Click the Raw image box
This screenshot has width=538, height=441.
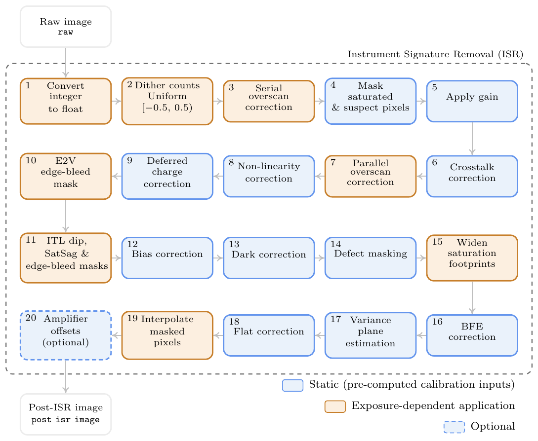coord(66,26)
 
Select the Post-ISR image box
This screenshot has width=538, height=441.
coord(66,414)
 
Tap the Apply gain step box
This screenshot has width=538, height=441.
coord(472,101)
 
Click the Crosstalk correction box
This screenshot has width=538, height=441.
coord(472,176)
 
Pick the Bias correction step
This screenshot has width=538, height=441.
coord(167,257)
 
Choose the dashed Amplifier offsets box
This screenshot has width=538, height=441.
coord(66,335)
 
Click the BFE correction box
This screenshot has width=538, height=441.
coord(472,335)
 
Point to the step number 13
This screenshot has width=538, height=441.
coord(234,244)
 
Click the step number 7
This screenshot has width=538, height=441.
coord(333,162)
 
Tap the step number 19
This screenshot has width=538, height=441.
coord(132,318)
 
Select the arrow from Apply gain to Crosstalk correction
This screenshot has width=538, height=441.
coord(472,139)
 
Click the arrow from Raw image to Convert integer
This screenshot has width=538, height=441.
coord(66,63)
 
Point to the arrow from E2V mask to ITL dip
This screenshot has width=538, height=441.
coord(66,216)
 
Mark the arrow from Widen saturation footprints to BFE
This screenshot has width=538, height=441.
coord(472,298)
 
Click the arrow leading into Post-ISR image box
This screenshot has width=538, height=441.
coord(66,376)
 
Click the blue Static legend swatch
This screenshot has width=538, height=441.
coord(292,385)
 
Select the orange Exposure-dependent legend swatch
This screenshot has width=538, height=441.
coord(335,406)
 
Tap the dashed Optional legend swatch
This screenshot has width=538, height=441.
coord(455,427)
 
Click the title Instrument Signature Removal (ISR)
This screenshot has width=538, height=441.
coord(435,54)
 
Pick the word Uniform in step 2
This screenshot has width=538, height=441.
coord(167,96)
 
